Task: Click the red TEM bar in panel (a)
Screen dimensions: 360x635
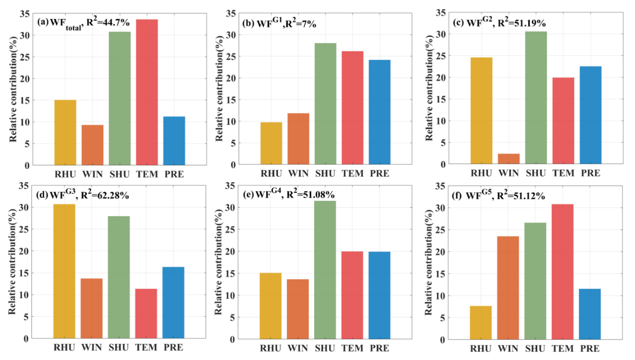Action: tap(147, 92)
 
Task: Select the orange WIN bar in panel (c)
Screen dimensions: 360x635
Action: tap(509, 159)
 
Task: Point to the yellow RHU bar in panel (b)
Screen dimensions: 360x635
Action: tap(271, 143)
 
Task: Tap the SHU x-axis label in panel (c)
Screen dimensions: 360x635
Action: tap(536, 173)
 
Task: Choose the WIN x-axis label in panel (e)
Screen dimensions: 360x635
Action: tap(299, 348)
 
